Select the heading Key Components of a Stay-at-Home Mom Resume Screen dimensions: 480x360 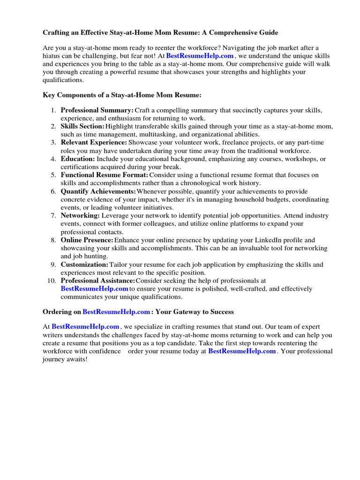(122, 95)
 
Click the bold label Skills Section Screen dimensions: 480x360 (82, 127)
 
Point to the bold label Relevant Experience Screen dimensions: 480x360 (94, 142)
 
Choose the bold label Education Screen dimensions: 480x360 (78, 159)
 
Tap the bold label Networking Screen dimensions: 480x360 (80, 216)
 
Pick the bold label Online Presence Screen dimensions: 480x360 (87, 240)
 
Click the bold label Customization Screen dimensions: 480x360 (84, 264)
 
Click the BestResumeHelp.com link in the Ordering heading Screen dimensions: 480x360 (117, 312)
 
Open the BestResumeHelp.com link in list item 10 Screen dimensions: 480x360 (95, 289)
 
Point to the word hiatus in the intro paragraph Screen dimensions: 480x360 (52, 56)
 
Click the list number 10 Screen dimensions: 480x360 (52, 281)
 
